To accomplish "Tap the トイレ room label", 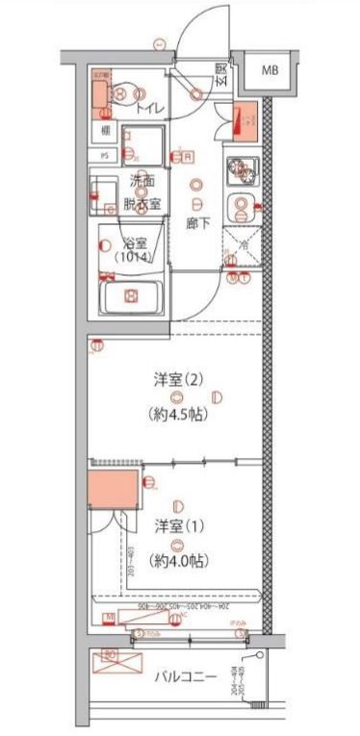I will point(148,110).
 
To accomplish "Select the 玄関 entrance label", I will point(221,74).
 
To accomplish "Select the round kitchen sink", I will point(241,205).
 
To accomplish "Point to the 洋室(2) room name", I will point(177,378).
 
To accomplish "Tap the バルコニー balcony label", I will point(185,676).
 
